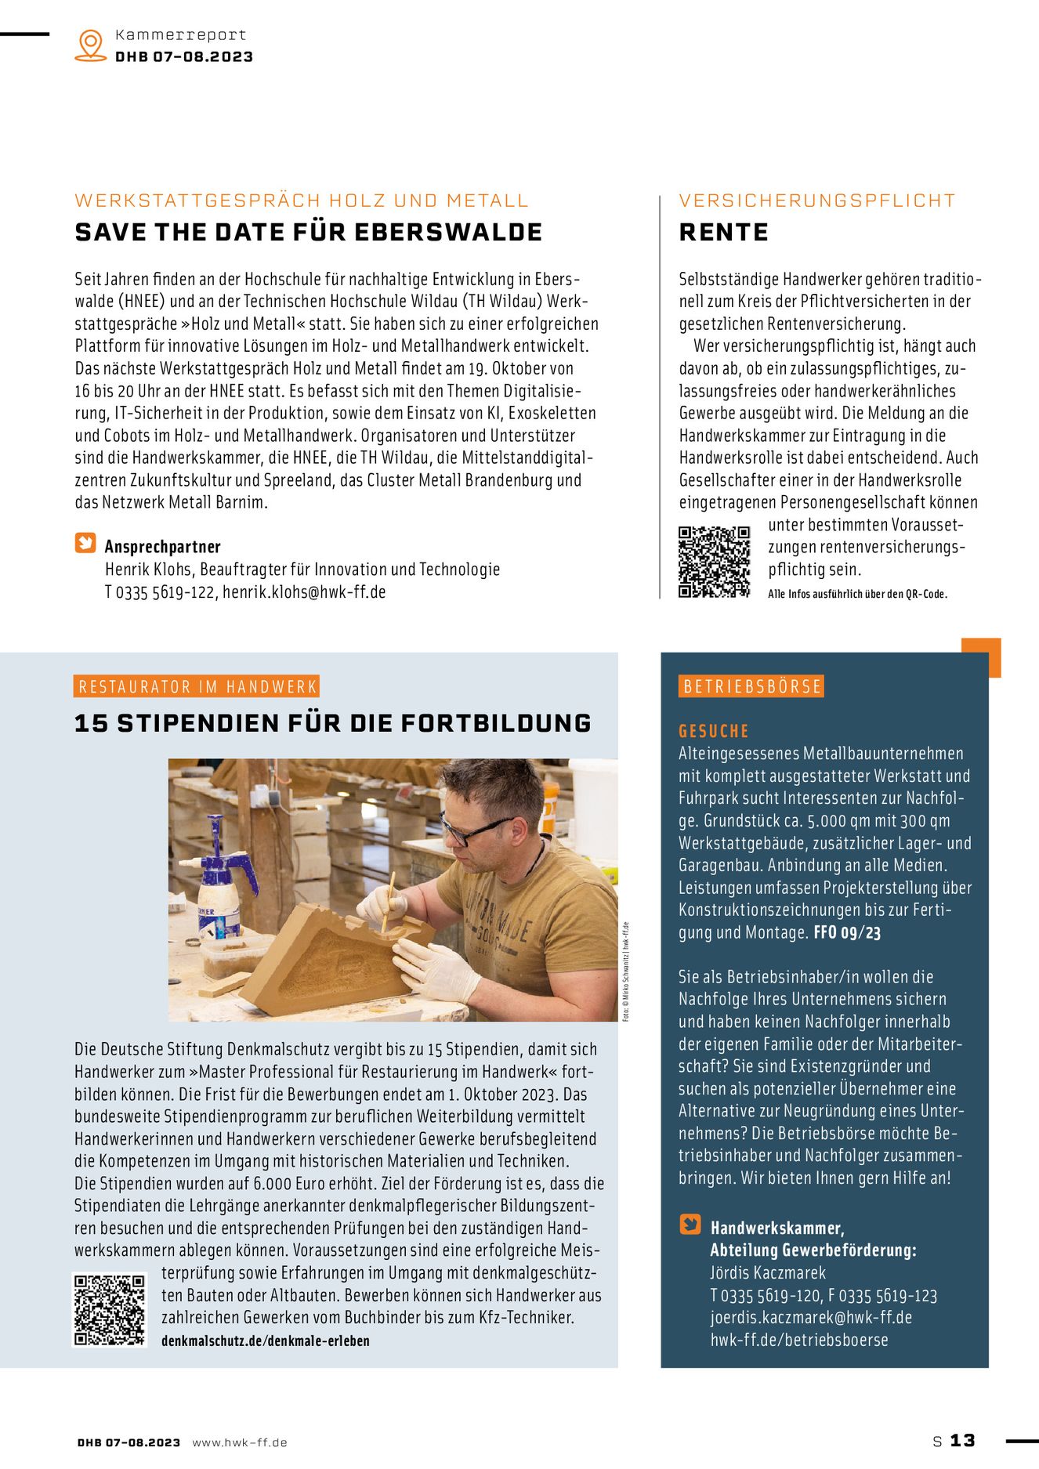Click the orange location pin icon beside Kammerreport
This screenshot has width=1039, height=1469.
pos(91,45)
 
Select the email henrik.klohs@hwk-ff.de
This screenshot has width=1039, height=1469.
pos(304,592)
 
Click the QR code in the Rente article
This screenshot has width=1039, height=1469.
pos(714,562)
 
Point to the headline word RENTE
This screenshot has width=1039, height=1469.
pos(723,233)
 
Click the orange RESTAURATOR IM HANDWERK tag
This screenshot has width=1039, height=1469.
pos(197,687)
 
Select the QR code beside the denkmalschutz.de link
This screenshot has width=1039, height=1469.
pos(110,1310)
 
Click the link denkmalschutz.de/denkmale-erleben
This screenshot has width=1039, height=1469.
pos(265,1341)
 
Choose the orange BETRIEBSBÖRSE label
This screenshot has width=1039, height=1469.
pos(752,687)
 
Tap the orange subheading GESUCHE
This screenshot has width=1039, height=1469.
pos(714,732)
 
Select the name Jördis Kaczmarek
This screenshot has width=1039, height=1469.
pos(768,1273)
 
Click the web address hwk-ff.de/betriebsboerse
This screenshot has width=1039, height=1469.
pos(799,1341)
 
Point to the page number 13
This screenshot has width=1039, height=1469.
pos(963,1441)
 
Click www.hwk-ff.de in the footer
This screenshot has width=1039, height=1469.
pos(240,1442)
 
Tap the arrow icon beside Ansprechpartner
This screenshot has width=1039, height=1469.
pos(85,543)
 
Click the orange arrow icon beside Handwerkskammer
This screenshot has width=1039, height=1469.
pos(690,1224)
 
